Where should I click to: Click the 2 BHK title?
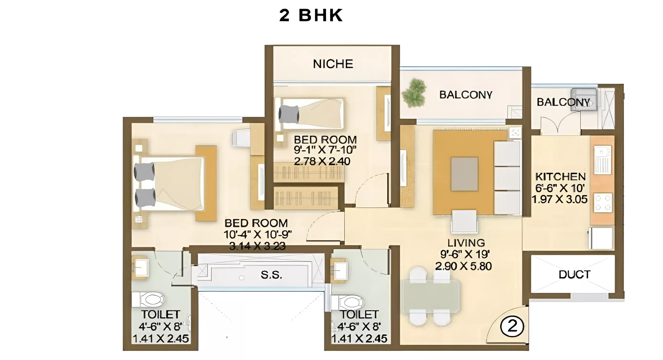(x=311, y=15)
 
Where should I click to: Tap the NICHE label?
(x=333, y=64)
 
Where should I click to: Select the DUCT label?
(x=575, y=274)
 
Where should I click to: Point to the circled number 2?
(x=512, y=326)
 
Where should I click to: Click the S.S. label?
(x=271, y=275)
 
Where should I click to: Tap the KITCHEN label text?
(x=561, y=177)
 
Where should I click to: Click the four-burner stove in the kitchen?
(x=603, y=203)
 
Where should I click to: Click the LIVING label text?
(x=466, y=243)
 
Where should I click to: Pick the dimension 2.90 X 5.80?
(x=463, y=266)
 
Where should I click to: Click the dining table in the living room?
(x=431, y=296)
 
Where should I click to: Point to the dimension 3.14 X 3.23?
(x=257, y=246)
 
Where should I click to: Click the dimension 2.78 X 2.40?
(x=322, y=161)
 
